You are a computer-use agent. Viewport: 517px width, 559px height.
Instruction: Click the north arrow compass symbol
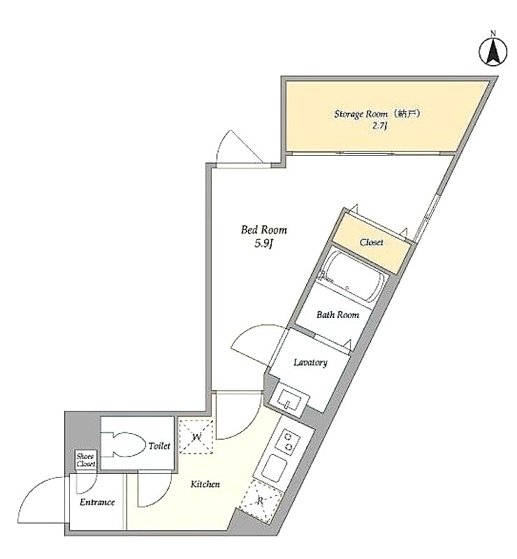click(493, 52)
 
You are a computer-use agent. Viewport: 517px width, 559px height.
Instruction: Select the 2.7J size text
click(380, 126)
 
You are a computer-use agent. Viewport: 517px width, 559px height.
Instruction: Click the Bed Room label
click(264, 230)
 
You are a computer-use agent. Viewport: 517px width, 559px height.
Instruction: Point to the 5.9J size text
click(264, 244)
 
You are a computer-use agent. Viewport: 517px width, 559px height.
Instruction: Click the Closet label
click(372, 242)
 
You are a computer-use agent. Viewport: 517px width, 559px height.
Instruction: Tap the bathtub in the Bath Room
click(352, 277)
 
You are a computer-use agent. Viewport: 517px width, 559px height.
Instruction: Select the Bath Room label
click(337, 315)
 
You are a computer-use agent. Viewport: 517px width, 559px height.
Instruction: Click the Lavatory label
click(310, 363)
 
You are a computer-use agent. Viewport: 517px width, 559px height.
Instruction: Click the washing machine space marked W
click(196, 437)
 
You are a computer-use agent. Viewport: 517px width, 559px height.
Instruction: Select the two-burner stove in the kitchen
click(288, 442)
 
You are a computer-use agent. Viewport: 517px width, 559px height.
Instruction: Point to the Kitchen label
click(205, 484)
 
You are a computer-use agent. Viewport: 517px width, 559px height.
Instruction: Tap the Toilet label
click(159, 446)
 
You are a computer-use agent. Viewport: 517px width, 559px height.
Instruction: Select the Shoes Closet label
click(85, 460)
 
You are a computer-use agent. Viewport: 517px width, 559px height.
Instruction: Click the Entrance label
click(97, 502)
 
